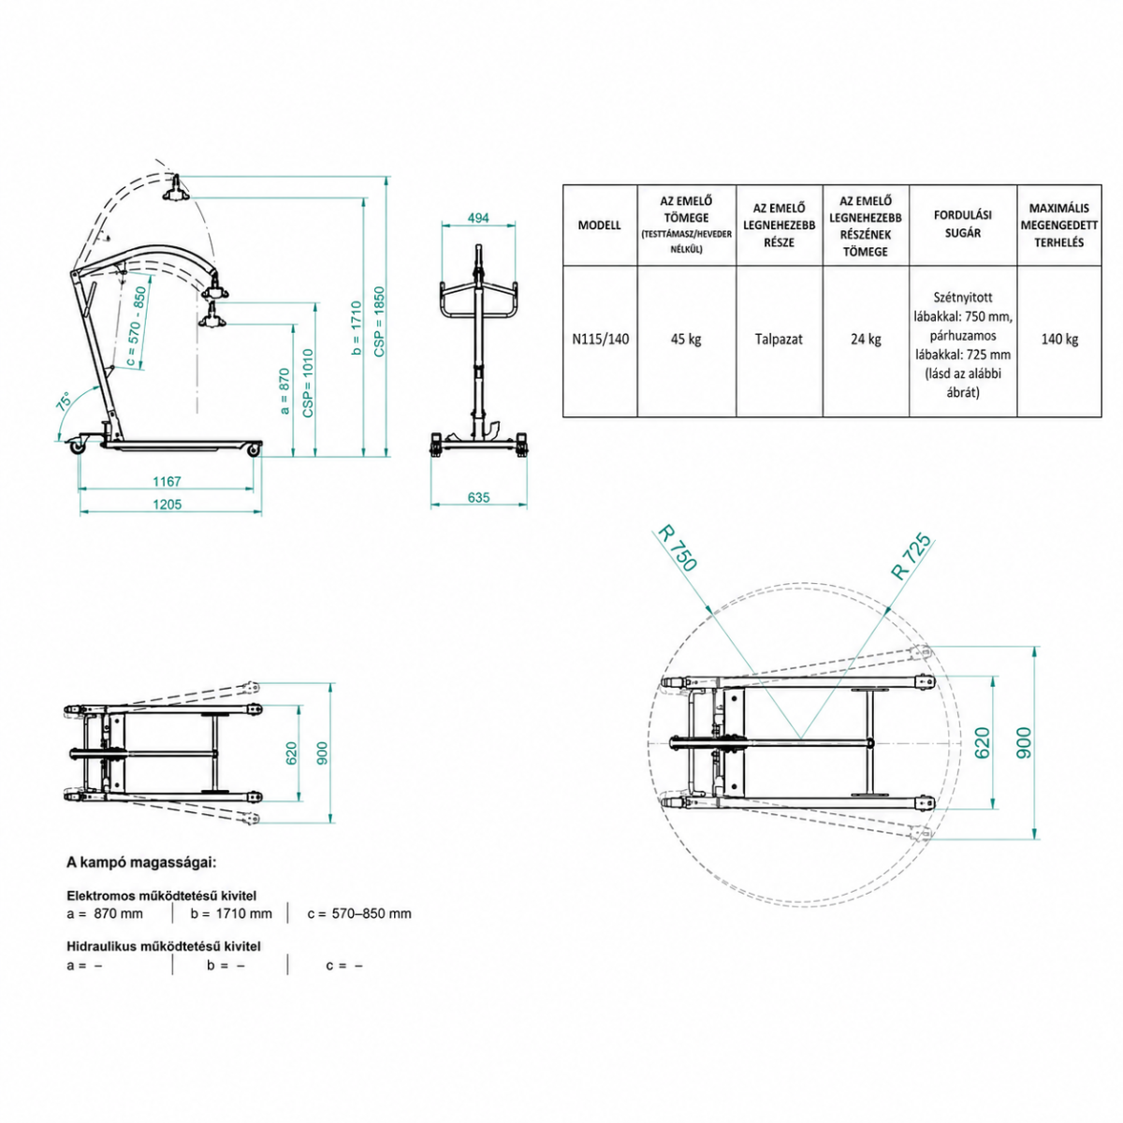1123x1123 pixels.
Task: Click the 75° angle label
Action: tap(64, 402)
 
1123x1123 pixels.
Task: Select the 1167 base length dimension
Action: tap(167, 481)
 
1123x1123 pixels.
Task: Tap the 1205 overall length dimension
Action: tap(168, 504)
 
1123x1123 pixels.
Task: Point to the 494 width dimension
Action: tap(478, 218)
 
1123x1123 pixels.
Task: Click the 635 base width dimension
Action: tap(478, 497)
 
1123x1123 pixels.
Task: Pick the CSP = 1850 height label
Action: tap(379, 322)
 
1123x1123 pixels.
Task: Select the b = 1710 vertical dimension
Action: tap(357, 328)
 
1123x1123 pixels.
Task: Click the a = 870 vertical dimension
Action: tap(284, 391)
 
